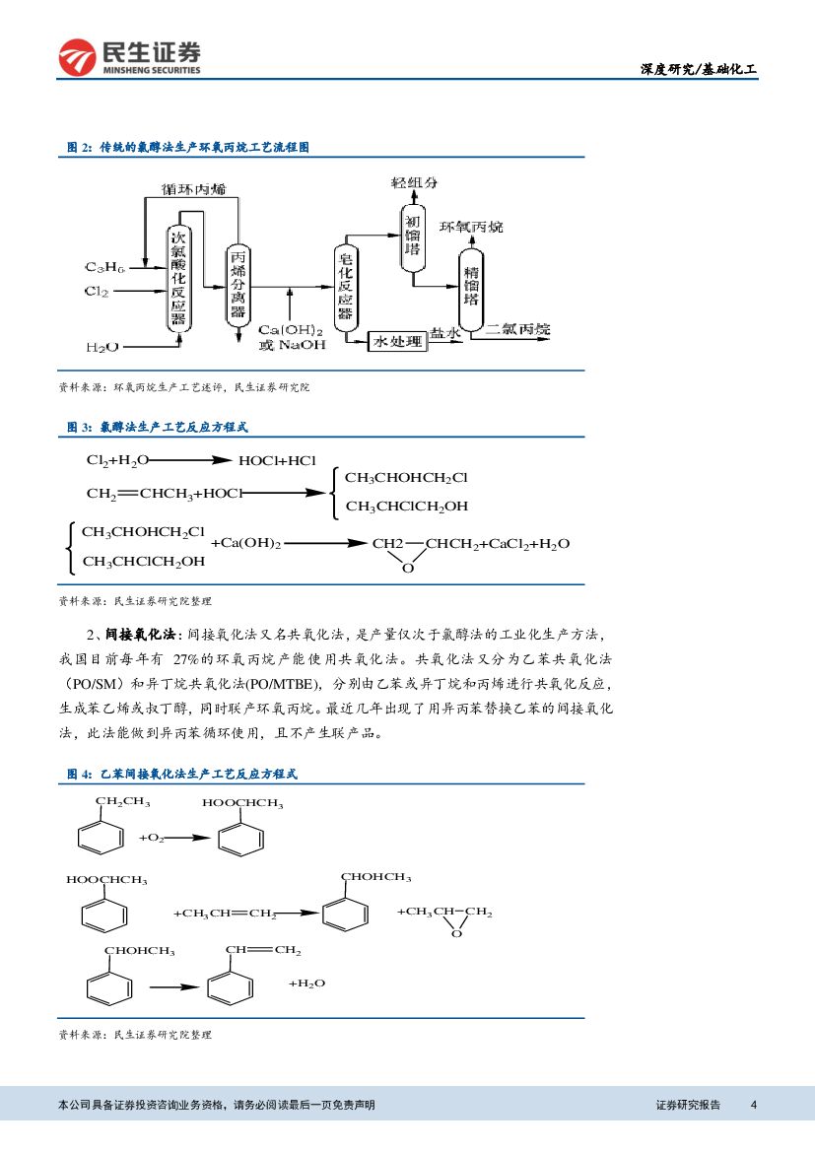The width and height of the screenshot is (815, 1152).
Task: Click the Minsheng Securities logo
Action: (x=129, y=57)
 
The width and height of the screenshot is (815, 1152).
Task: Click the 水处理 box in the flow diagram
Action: (x=397, y=341)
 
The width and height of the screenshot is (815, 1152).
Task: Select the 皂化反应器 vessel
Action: (x=345, y=286)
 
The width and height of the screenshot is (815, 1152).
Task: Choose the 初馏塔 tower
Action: (x=413, y=237)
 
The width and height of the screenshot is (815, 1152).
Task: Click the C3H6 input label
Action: (x=104, y=267)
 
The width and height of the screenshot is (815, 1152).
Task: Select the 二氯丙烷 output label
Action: (x=517, y=329)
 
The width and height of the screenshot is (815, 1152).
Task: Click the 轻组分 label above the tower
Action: (x=414, y=182)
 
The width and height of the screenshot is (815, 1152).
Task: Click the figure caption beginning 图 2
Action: (x=187, y=147)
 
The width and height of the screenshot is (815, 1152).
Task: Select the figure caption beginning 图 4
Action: (x=182, y=774)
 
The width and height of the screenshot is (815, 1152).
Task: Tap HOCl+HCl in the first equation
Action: (x=277, y=460)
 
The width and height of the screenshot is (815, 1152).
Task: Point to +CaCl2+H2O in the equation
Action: (x=527, y=544)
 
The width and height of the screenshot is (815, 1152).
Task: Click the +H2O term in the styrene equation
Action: (x=306, y=983)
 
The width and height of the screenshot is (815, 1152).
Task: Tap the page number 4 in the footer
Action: (x=753, y=1105)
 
